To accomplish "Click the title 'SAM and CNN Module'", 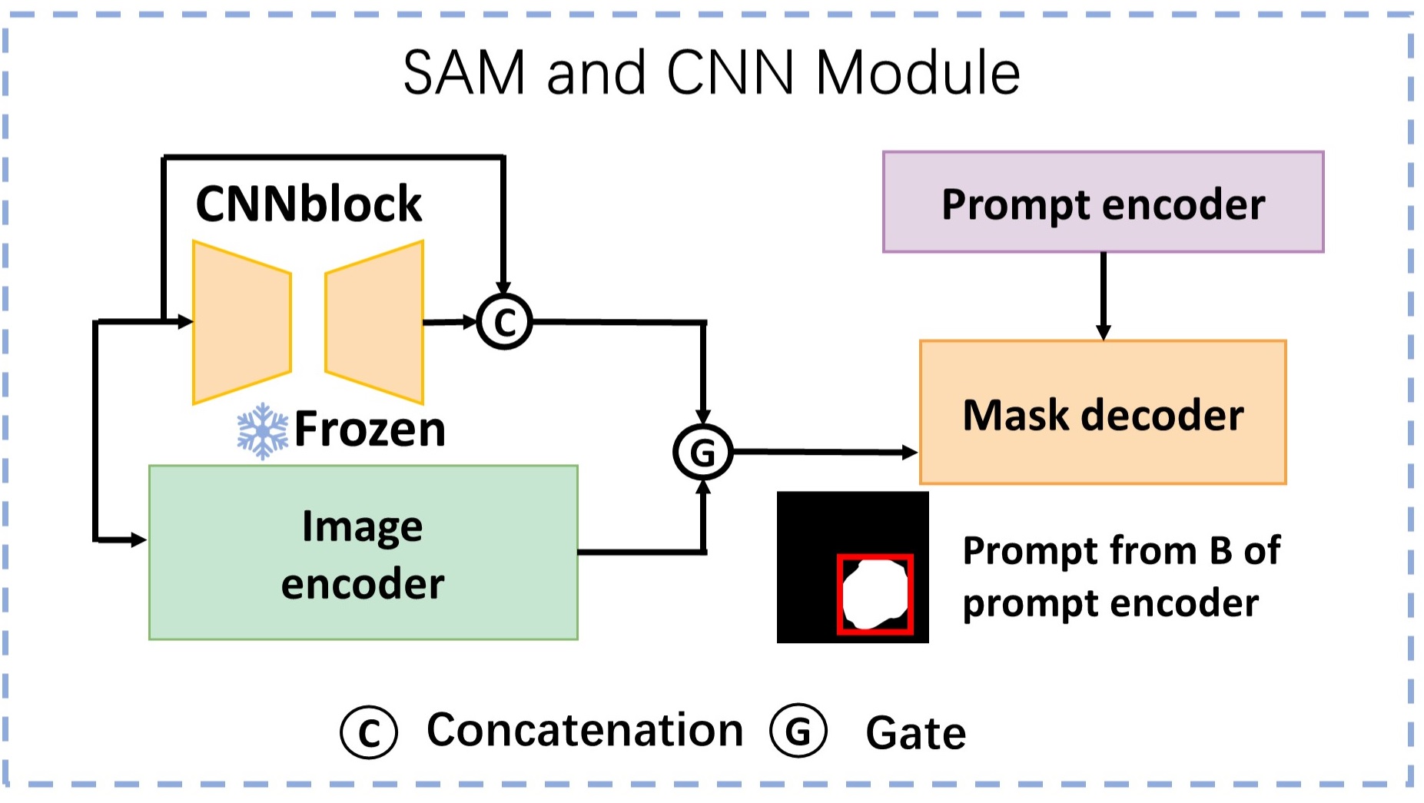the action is point(712,72).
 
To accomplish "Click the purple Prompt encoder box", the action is point(1103,201).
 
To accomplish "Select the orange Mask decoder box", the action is point(1103,412).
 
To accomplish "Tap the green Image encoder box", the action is point(363,552).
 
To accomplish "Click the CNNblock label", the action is point(309,204).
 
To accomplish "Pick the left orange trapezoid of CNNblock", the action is point(242,322).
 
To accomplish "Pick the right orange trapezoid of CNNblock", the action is point(374,322).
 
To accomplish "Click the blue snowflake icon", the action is point(262,431).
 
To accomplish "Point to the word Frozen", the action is point(370,429).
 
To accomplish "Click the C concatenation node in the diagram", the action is point(504,322).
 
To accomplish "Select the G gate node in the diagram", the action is point(703,453).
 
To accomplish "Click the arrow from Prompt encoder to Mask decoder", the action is point(1104,296).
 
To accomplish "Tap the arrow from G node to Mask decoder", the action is point(825,453).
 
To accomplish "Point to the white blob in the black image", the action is point(875,594).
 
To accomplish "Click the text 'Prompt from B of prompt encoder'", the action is point(1121,576).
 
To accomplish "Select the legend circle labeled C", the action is point(369,732).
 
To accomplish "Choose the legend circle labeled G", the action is point(798,730).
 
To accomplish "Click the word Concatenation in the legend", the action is point(585,729).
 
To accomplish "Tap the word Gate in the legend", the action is point(916,732).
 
